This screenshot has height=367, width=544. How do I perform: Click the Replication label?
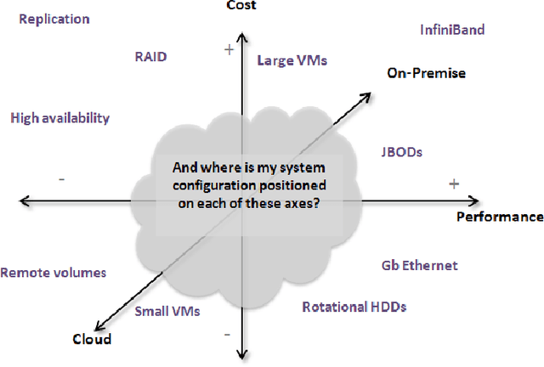pyautogui.click(x=54, y=19)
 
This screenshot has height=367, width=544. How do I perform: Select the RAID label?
pyautogui.click(x=150, y=57)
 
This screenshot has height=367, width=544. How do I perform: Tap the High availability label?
pyautogui.click(x=59, y=118)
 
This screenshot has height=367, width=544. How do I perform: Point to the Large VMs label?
pyautogui.click(x=292, y=60)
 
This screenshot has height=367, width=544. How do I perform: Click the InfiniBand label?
pyautogui.click(x=452, y=30)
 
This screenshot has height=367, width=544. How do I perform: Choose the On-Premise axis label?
pyautogui.click(x=426, y=73)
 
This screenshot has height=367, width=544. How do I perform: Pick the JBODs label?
pyautogui.click(x=402, y=152)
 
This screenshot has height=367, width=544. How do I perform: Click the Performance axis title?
pyautogui.click(x=500, y=217)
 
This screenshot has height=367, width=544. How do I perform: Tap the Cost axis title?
pyautogui.click(x=244, y=6)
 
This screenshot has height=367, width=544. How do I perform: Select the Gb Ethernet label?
pyautogui.click(x=419, y=265)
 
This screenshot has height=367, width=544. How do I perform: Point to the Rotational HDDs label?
pyautogui.click(x=354, y=307)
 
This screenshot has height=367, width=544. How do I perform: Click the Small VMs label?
pyautogui.click(x=167, y=311)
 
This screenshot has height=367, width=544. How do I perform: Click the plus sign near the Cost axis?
pyautogui.click(x=228, y=50)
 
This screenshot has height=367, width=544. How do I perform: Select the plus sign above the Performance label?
pyautogui.click(x=454, y=183)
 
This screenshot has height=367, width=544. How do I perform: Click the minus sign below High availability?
pyautogui.click(x=62, y=178)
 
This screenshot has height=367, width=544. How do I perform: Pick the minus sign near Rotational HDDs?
pyautogui.click(x=227, y=335)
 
